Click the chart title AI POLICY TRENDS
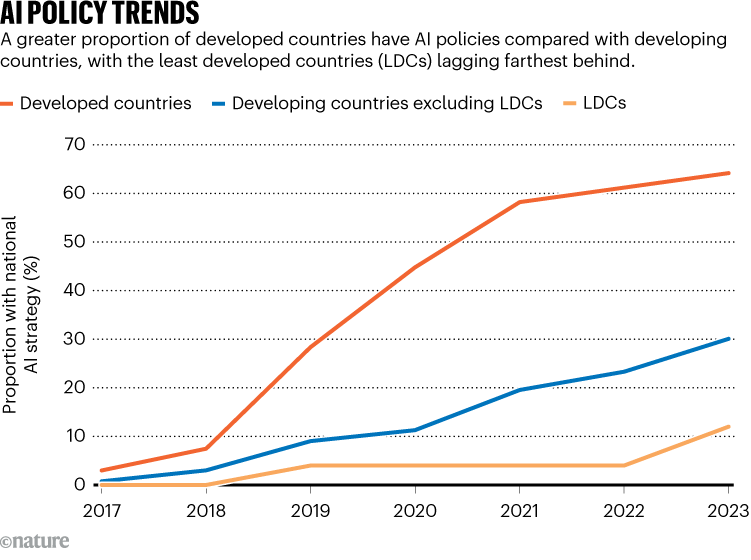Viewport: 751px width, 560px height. coord(99,14)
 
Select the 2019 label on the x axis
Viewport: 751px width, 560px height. coord(310,512)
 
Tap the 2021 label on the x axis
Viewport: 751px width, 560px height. coord(519,512)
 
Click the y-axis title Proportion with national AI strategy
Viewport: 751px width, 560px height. coord(20,312)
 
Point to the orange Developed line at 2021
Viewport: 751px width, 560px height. coord(519,202)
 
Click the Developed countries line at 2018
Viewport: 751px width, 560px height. coord(205,448)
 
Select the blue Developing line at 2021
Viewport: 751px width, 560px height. coord(519,390)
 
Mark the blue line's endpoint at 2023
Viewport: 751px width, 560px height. coord(728,339)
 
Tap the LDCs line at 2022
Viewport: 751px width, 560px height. coord(624,465)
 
